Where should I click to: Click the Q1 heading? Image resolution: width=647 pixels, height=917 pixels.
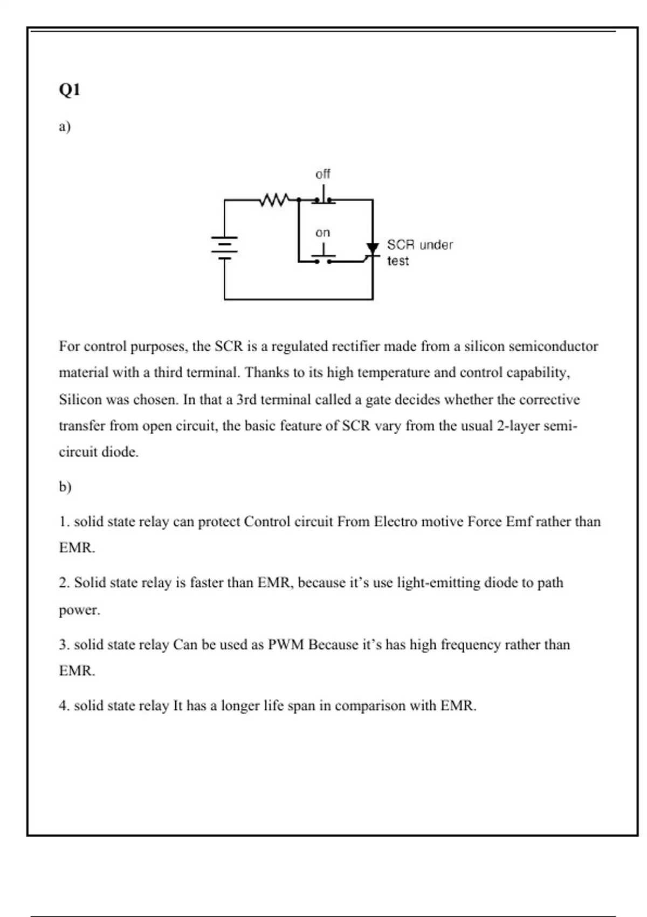tap(70, 90)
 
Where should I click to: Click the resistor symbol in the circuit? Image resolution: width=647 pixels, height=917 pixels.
tap(274, 201)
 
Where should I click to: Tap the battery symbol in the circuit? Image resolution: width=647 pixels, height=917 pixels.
tap(225, 248)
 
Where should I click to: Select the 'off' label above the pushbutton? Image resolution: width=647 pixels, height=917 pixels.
tap(322, 174)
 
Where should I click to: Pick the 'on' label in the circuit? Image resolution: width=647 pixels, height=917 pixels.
tap(322, 232)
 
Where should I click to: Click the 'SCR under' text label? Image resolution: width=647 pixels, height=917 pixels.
tap(419, 245)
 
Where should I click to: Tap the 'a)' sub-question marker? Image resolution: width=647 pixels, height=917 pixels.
tap(65, 127)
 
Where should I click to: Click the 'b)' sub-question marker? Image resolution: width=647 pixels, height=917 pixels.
tap(65, 487)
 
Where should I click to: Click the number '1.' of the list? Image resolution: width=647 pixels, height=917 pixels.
tap(64, 522)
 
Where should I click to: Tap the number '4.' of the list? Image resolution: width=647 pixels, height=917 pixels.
tap(64, 706)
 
